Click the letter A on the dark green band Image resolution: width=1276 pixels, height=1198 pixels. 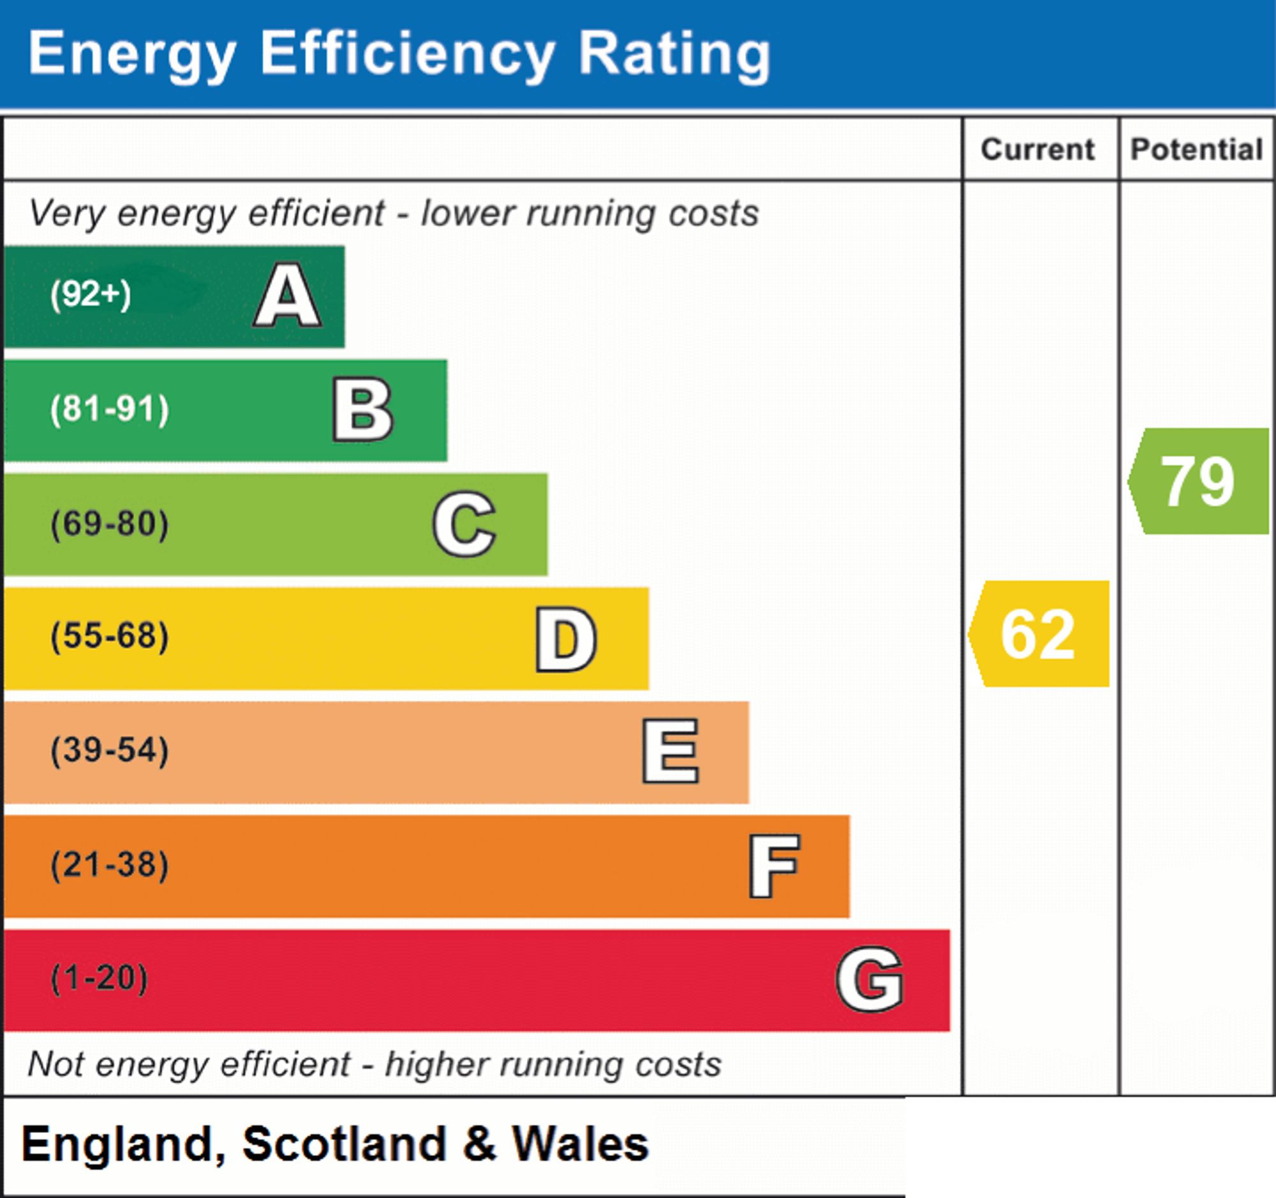pos(288,295)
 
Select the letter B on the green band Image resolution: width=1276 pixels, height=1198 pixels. pos(362,410)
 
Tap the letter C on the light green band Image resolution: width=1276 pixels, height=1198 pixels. pos(464,524)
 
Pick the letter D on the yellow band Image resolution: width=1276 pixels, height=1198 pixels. pos(566,639)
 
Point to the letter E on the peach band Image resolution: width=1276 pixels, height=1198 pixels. pos(670,751)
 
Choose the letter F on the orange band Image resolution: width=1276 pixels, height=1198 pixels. pos(774,866)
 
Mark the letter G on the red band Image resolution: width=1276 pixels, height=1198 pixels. pos(870,979)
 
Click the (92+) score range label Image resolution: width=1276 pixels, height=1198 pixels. pos(91,295)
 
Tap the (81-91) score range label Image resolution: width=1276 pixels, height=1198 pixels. pos(110,410)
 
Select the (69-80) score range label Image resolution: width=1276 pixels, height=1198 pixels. pos(110,524)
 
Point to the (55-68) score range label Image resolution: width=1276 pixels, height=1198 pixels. pos(110,637)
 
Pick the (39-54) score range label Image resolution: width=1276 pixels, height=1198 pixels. pos(110,751)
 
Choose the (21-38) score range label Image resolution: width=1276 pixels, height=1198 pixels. pos(110,865)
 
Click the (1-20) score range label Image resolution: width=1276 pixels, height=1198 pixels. pos(100,979)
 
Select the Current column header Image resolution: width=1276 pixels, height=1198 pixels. pos(1038,149)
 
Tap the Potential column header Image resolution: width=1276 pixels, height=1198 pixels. pos(1196,149)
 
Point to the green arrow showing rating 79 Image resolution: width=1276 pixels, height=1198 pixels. pos(1198,481)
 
